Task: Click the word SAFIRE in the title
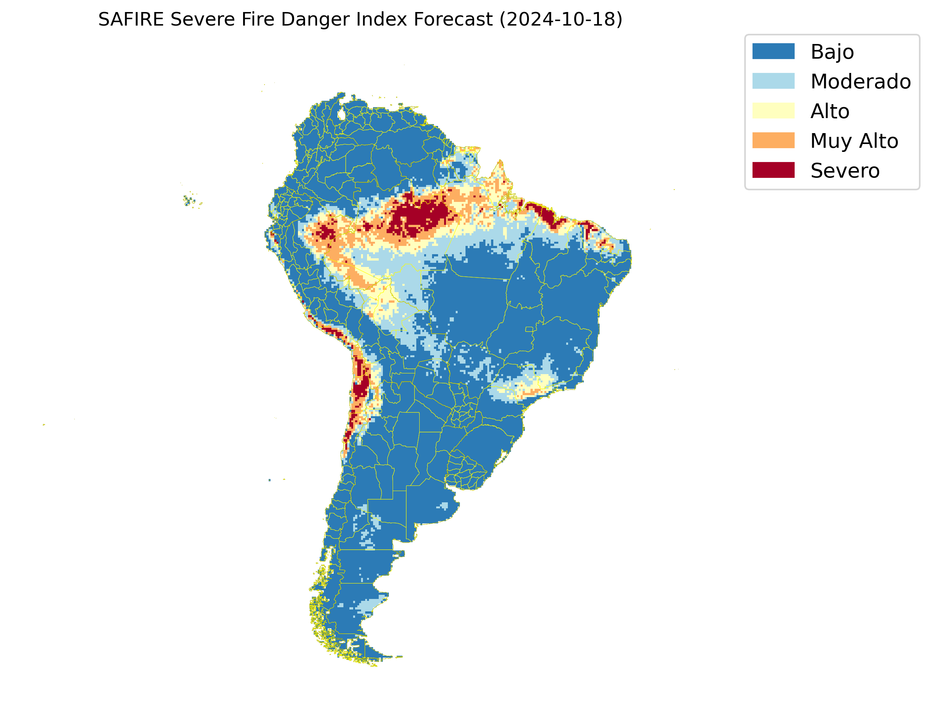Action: pyautogui.click(x=130, y=20)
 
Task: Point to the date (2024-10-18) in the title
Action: pyautogui.click(x=561, y=20)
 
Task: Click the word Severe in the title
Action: pyautogui.click(x=202, y=20)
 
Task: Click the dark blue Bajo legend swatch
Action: pyautogui.click(x=773, y=52)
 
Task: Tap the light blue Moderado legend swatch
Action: pyautogui.click(x=773, y=81)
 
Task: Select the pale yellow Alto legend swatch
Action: pyautogui.click(x=773, y=111)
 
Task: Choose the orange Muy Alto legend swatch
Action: pyautogui.click(x=773, y=140)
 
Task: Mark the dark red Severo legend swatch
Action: pyautogui.click(x=773, y=170)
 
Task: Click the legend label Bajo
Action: pyautogui.click(x=832, y=52)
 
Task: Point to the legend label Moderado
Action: pyautogui.click(x=861, y=81)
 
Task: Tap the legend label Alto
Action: pyautogui.click(x=830, y=111)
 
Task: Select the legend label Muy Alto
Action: pyautogui.click(x=854, y=141)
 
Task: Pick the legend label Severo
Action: pyautogui.click(x=845, y=171)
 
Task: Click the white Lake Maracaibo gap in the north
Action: pyautogui.click(x=342, y=114)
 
